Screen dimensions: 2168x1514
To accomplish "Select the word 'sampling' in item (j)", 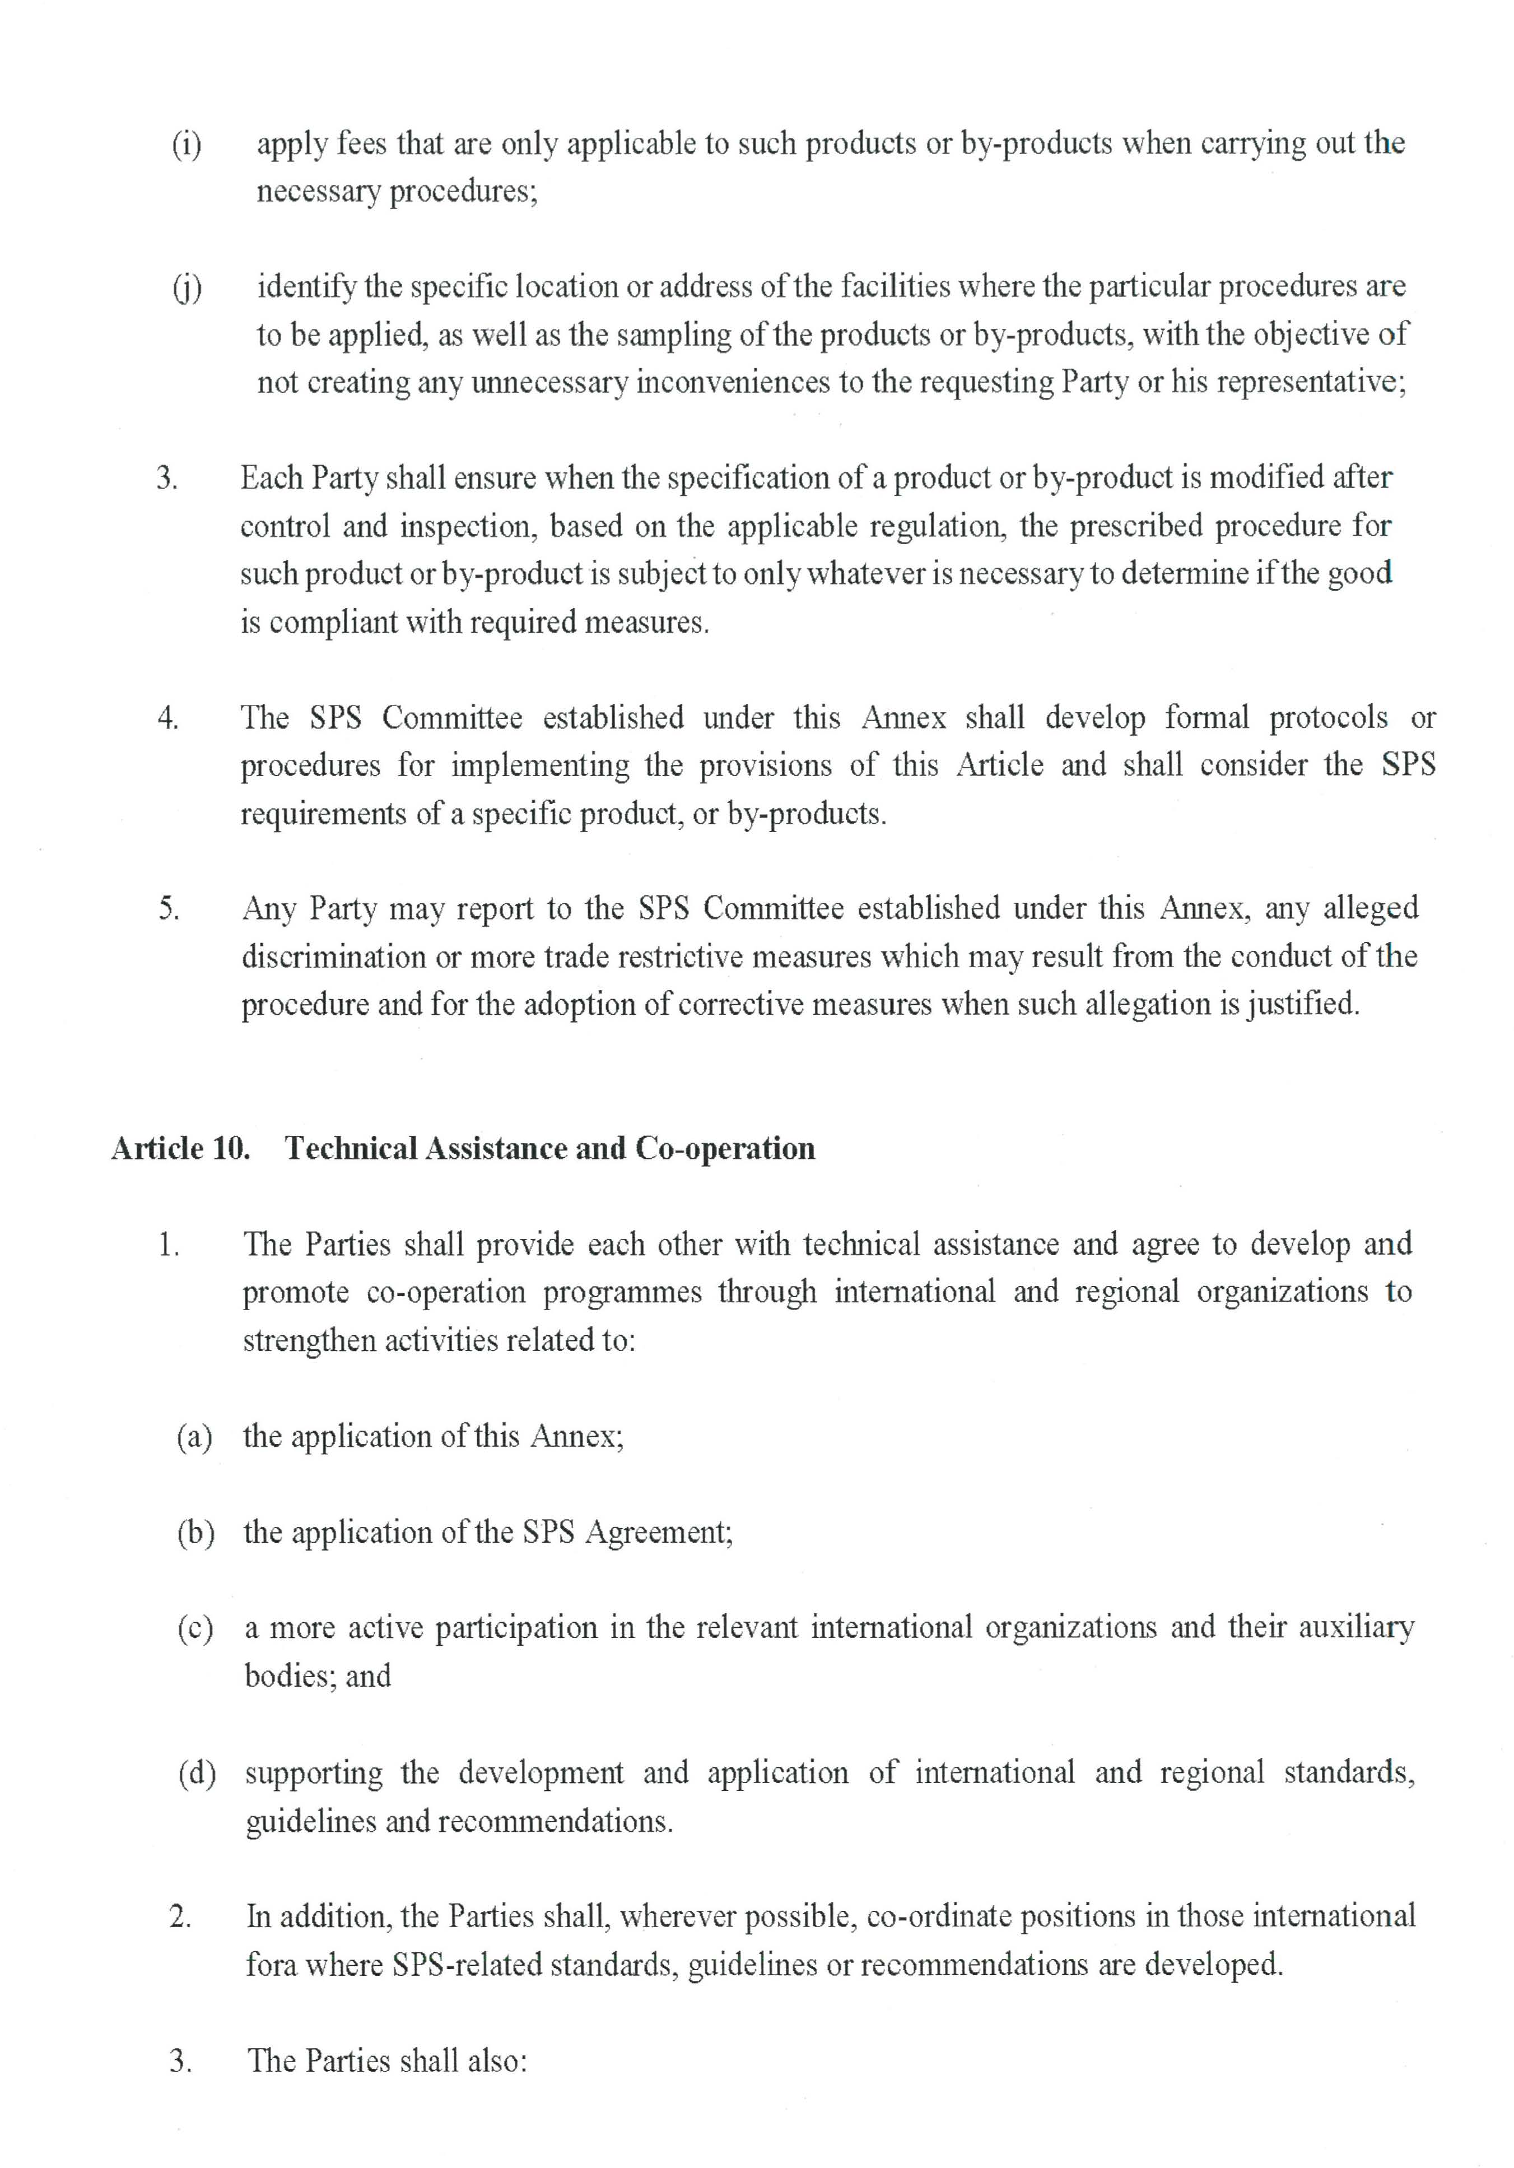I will [673, 335].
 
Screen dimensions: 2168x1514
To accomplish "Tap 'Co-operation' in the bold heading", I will [725, 1148].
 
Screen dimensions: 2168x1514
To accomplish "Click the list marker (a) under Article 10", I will [194, 1436].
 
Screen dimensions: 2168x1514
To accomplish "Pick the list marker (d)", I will [197, 1772].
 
